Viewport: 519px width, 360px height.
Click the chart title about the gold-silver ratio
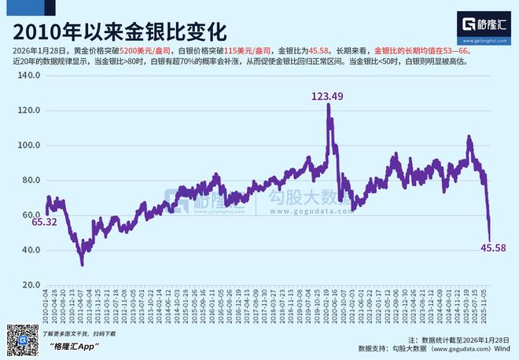[x=118, y=31]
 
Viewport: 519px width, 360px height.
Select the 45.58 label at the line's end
[x=492, y=249]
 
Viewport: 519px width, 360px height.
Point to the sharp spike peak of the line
[x=327, y=105]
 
